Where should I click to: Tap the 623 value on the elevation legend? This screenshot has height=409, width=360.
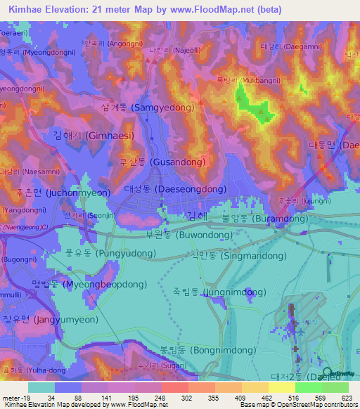click(x=347, y=397)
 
